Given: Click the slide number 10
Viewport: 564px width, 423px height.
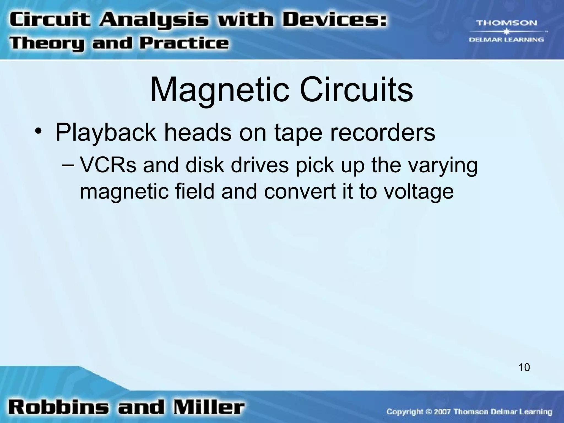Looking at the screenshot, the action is point(524,368).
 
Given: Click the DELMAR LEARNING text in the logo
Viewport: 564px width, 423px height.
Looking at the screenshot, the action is point(506,40).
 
